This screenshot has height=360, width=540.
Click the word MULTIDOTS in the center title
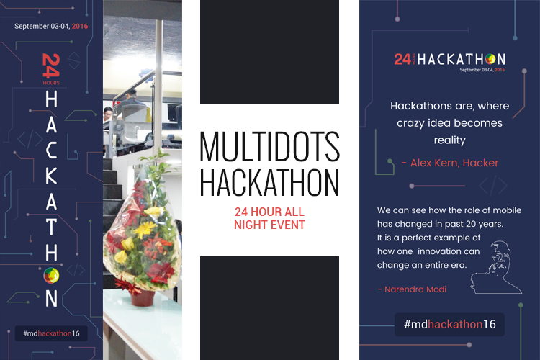click(270, 146)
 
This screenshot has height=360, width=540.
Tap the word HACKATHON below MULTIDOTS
click(270, 182)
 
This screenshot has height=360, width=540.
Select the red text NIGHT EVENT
click(269, 225)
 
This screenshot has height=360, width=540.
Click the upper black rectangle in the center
click(269, 52)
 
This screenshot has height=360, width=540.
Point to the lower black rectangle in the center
click(269, 308)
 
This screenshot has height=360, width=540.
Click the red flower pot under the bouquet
click(142, 297)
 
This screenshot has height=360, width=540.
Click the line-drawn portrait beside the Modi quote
click(496, 267)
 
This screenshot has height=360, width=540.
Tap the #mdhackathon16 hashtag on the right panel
click(449, 324)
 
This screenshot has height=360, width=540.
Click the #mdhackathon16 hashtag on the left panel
click(51, 333)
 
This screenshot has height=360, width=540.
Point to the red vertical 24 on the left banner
click(51, 66)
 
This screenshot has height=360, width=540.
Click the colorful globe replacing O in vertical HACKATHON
click(51, 275)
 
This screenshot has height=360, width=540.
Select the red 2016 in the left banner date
click(80, 26)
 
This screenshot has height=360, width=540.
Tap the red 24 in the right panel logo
click(402, 59)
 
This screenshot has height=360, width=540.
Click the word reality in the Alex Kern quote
click(449, 140)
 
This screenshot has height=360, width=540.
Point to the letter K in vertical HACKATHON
click(51, 176)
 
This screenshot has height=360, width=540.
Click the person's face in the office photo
click(108, 112)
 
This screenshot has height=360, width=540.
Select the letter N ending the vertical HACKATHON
click(51, 298)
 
